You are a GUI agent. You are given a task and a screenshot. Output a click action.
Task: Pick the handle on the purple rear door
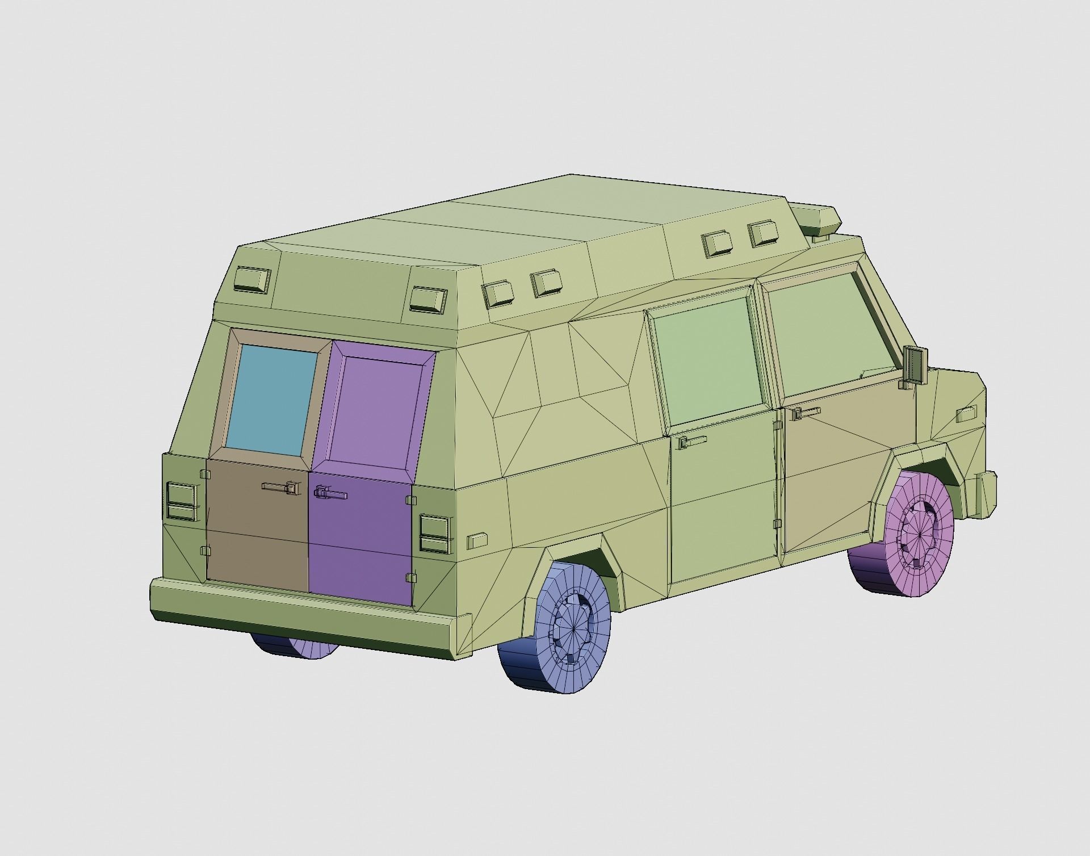click(x=330, y=493)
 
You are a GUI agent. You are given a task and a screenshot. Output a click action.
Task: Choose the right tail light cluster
click(x=434, y=534)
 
